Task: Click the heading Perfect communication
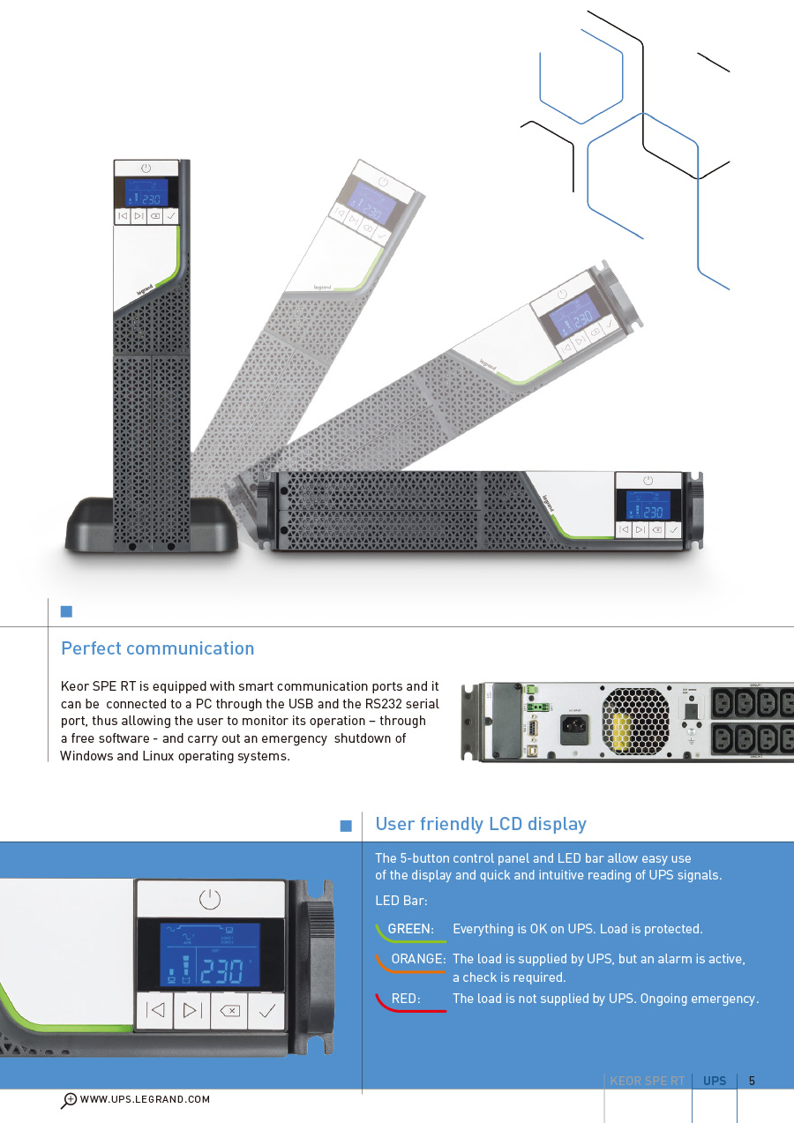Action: point(157,648)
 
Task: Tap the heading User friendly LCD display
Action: point(481,824)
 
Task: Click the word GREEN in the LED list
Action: point(410,929)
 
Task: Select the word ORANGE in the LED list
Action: point(418,959)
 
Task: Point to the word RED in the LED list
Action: point(405,999)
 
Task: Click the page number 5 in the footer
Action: point(752,1081)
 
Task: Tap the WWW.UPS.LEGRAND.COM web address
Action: point(145,1099)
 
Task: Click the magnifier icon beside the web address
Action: point(69,1100)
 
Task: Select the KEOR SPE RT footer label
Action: point(647,1081)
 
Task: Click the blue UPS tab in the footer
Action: point(715,1081)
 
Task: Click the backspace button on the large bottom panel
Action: point(229,1011)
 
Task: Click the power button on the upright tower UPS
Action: point(146,168)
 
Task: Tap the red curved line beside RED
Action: point(410,1007)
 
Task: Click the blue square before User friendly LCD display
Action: point(346,826)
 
